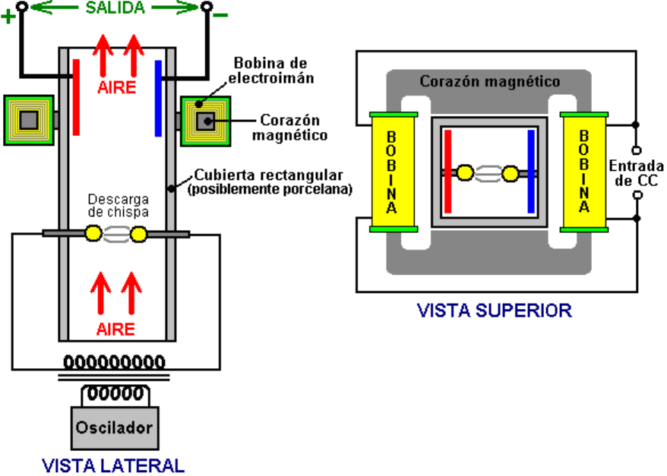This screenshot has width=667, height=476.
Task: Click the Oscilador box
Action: (x=114, y=427)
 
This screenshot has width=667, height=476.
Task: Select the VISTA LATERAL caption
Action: (x=112, y=465)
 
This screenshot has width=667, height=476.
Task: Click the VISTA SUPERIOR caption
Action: (x=494, y=310)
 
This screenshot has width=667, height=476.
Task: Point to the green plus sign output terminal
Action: (x=8, y=17)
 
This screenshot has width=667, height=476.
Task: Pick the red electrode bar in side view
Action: (x=76, y=96)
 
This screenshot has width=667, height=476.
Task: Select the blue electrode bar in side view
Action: (x=158, y=96)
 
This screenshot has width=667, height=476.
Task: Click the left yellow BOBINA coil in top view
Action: (x=391, y=172)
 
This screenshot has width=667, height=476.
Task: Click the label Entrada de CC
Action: (x=637, y=172)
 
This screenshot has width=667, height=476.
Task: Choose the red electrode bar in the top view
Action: (x=447, y=172)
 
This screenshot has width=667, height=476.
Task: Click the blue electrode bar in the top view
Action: (x=530, y=172)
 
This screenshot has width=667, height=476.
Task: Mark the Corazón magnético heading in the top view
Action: (x=491, y=80)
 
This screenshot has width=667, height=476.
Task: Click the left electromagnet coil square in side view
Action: (x=29, y=120)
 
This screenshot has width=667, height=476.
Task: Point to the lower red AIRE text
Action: (x=115, y=329)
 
